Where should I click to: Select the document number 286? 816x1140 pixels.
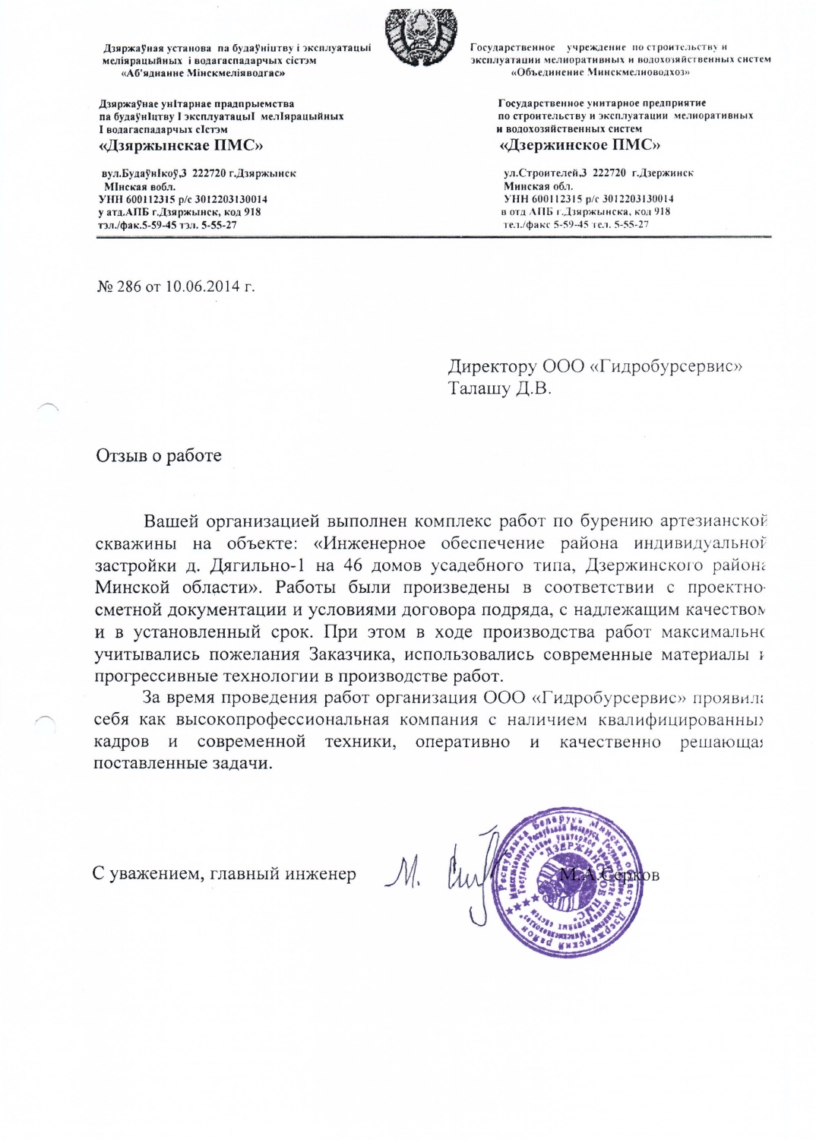point(128,287)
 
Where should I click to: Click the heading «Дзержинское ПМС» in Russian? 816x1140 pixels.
point(579,144)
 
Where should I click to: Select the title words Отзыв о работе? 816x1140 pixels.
point(159,455)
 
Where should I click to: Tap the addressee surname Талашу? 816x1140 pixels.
point(479,388)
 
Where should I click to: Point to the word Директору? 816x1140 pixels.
point(492,366)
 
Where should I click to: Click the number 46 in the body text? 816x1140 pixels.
point(353,565)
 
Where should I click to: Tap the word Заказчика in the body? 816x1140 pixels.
point(351,654)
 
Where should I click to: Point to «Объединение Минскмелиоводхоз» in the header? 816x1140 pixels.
point(600,72)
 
